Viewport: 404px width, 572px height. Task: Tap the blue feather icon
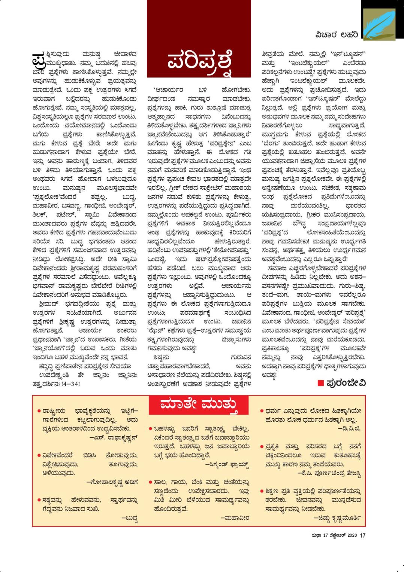coord(380,23)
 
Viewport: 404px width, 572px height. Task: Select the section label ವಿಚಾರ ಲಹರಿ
coord(336,35)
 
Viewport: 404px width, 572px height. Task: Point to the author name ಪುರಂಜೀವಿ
coord(346,383)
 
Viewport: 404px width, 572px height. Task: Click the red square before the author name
coord(320,383)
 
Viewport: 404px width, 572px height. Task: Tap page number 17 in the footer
coord(362,536)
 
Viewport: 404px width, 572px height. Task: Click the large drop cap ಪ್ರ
coord(39,59)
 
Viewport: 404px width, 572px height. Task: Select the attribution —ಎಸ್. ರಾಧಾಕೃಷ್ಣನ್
coord(114,437)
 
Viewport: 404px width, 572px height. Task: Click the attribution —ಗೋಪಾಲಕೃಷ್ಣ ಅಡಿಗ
coord(112,482)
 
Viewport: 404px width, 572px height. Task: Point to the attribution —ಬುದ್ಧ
coord(130,518)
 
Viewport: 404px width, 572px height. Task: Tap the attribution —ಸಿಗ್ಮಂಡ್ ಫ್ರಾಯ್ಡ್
coord(227,464)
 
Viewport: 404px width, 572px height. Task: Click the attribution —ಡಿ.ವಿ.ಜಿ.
coord(349,428)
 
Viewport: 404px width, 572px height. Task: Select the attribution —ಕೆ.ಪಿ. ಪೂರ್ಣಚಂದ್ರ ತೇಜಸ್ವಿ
coord(329,473)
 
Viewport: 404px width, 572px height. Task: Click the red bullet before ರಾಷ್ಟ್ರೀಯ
coord(39,411)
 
